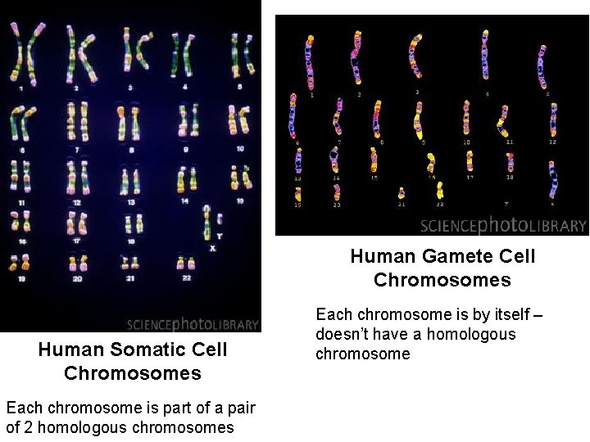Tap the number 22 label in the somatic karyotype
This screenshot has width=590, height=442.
click(187, 277)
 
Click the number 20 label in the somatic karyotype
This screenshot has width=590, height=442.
click(77, 278)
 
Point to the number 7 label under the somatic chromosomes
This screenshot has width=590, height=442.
click(77, 150)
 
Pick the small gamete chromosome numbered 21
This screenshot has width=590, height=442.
click(402, 194)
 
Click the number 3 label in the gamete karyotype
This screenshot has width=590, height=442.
click(416, 92)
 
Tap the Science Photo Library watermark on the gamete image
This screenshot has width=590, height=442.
click(503, 225)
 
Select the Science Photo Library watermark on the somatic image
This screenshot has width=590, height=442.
click(193, 324)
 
